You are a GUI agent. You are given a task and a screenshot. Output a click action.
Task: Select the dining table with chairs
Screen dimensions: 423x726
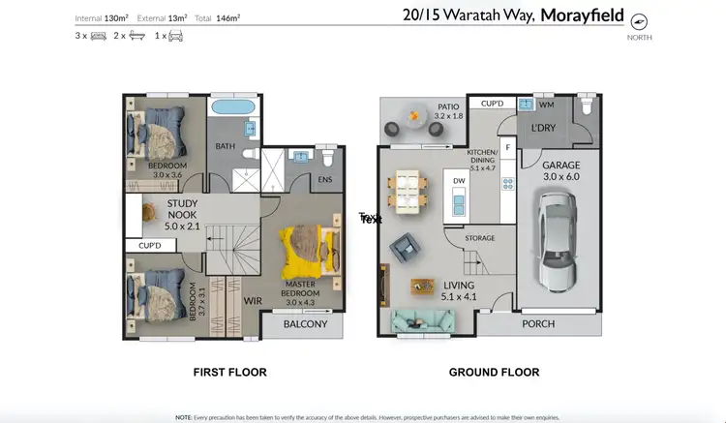coord(404,191)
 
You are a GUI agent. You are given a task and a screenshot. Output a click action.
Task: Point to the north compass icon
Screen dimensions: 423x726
coord(638,21)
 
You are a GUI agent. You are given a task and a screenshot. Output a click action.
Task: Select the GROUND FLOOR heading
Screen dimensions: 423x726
coord(494,372)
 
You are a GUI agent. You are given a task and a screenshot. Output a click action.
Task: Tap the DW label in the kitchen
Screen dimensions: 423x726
coord(461,180)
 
